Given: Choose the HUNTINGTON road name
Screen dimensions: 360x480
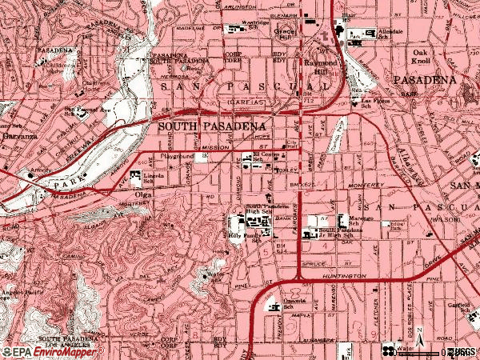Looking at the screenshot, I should tap(347, 276).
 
